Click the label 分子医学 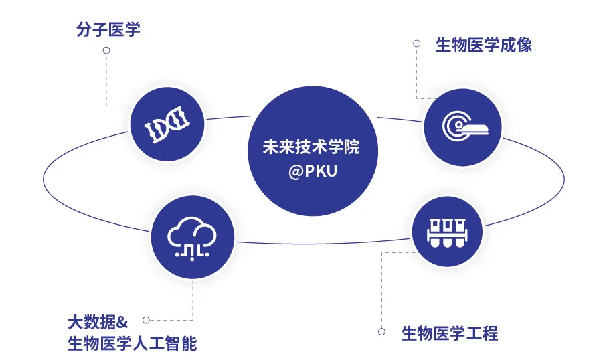pos(108,29)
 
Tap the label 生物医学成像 pos(483,45)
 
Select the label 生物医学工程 pos(450,333)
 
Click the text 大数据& pos(98,322)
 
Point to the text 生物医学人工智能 pos(132,343)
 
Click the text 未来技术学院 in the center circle pos(311,147)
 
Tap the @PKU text pos(313,171)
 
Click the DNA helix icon pos(167,124)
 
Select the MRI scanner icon pos(464,127)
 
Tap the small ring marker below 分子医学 pos(106,50)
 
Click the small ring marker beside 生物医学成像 pos(416,43)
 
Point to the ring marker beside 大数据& pos(146,320)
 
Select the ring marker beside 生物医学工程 pos(381,331)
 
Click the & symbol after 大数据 pos(122,323)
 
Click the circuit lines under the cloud pos(192,252)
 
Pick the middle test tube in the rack pos(447,233)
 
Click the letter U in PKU pos(331,171)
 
